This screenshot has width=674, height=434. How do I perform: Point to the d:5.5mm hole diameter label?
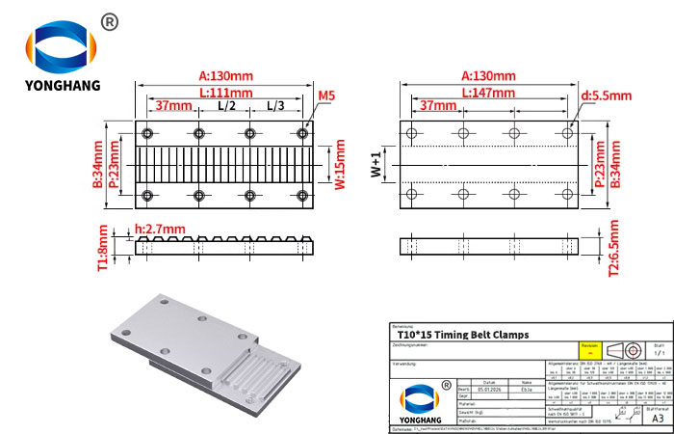click(606, 95)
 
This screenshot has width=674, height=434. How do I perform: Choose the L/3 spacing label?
click(275, 105)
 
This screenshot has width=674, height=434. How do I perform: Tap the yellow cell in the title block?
click(585, 349)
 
